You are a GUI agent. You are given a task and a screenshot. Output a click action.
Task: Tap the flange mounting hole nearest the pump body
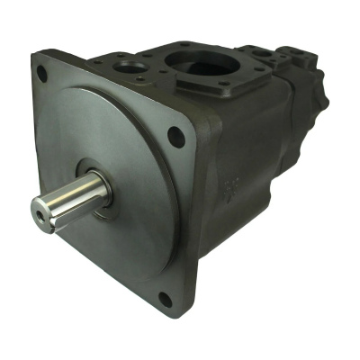click(176, 137)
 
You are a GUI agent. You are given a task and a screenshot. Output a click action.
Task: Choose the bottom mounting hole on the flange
click(165, 298)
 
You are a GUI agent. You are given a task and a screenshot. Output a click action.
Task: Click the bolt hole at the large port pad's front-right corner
click(225, 88)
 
